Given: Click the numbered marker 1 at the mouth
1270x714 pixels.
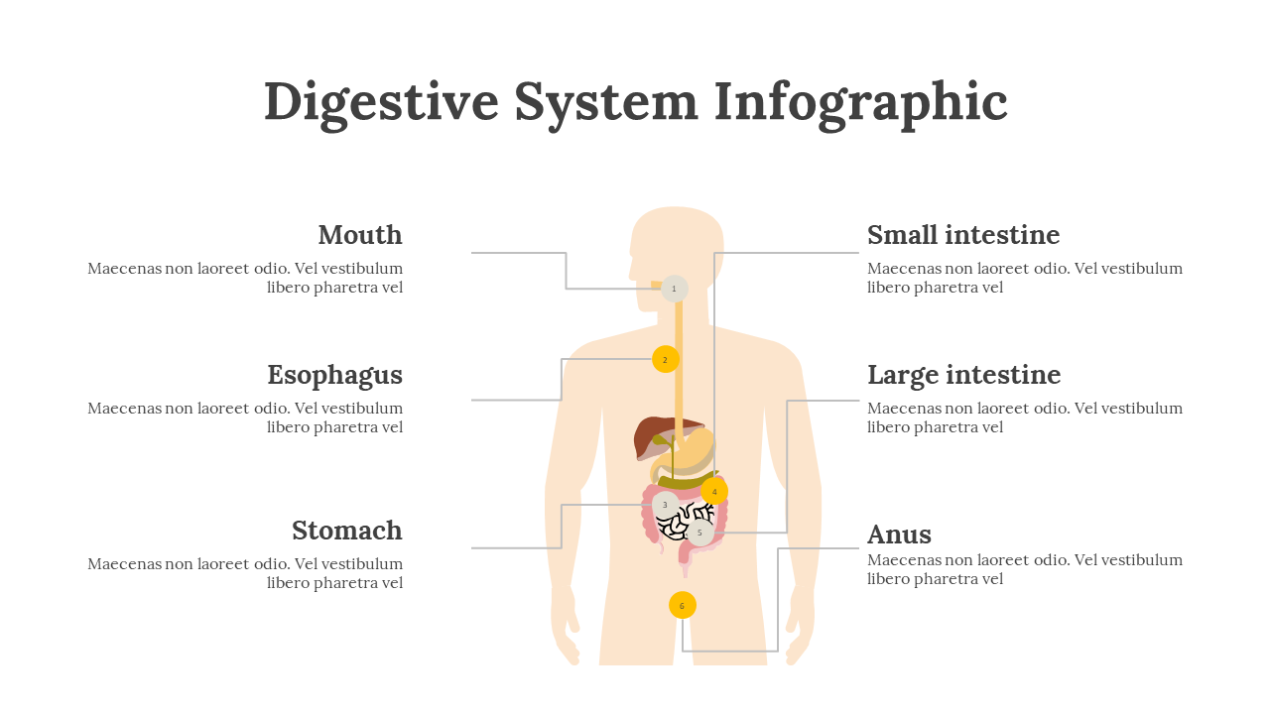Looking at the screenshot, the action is point(674,289).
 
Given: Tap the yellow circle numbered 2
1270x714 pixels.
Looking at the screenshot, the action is point(665,359).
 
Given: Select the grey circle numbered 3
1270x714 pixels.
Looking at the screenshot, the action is point(665,505).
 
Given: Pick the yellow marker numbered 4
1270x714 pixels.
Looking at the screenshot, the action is point(714,491).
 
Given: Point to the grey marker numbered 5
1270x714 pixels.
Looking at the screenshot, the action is point(699,533).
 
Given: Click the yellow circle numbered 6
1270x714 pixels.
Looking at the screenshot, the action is point(682,605).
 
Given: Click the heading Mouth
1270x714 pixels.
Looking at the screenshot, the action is point(360,235).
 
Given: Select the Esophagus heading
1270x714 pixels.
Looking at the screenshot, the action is point(335,376).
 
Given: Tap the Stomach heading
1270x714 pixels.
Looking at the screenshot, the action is point(347,531).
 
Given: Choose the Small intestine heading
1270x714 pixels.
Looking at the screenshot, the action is point(963,235).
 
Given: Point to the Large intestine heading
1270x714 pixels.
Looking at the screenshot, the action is point(963,376).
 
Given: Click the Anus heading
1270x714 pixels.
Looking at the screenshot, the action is point(899,535).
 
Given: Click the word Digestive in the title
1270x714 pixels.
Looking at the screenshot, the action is point(381,103).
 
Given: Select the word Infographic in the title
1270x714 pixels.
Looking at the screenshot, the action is point(860,103).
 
